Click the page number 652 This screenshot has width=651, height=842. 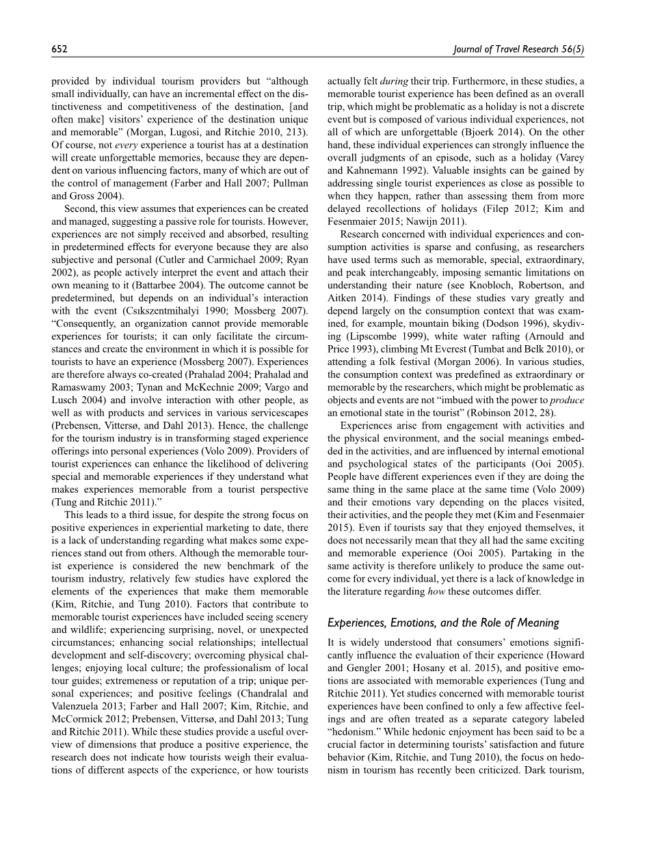(x=59, y=49)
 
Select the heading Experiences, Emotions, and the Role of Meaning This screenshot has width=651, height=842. (x=443, y=623)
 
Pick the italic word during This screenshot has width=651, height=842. (x=395, y=81)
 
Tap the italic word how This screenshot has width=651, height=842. (x=436, y=592)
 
